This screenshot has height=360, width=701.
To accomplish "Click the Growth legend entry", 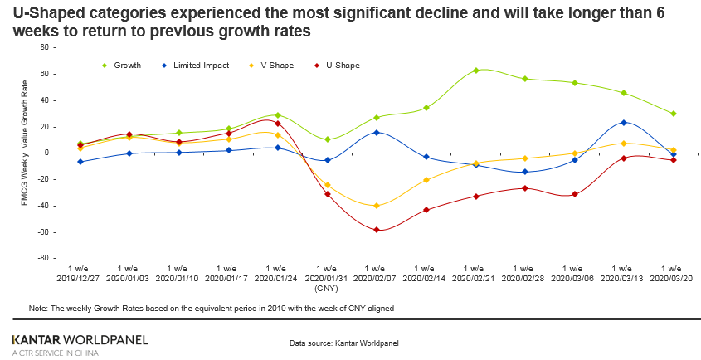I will click(x=127, y=65).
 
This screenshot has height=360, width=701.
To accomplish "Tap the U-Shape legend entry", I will click(x=342, y=65).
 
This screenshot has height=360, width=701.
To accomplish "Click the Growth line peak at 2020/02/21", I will click(x=475, y=71).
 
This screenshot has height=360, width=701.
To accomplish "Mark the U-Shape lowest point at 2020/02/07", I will click(x=377, y=230).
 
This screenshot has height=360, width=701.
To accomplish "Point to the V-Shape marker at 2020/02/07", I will click(x=377, y=206).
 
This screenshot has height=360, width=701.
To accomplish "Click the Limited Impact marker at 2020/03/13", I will click(x=623, y=123).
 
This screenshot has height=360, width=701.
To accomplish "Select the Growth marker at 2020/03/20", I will click(x=673, y=114).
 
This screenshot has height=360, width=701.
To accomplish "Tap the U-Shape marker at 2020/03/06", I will click(x=574, y=194).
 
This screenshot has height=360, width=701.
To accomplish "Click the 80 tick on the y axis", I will click(x=44, y=48).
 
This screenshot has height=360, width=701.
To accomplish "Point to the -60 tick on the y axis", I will click(x=42, y=231).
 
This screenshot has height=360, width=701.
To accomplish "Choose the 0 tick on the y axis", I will click(x=46, y=153).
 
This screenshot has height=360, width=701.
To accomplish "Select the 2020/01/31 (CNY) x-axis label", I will click(x=326, y=279).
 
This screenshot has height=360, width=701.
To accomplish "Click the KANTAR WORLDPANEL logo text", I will click(x=80, y=339).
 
